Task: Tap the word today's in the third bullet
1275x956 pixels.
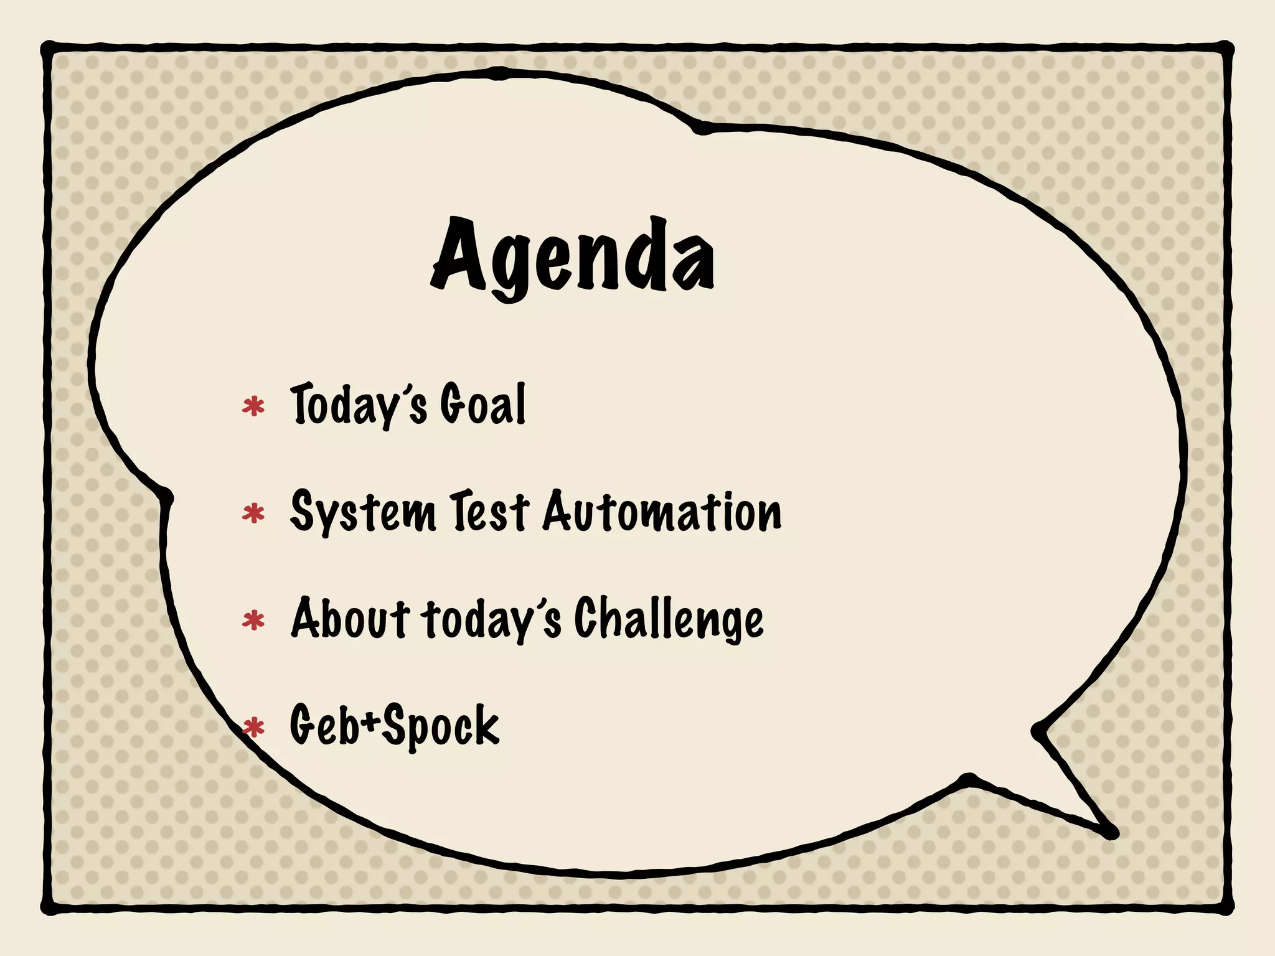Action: coord(491,619)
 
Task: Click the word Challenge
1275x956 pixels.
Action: coord(668,619)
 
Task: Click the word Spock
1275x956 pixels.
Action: coord(441,726)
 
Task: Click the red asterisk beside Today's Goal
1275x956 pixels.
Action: coord(253,407)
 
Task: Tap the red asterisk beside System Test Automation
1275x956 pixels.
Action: coord(253,514)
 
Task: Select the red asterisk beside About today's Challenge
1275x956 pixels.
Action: coord(253,621)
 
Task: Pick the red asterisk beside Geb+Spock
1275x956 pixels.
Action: coord(253,727)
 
